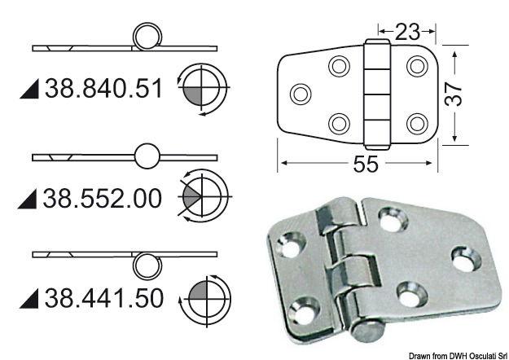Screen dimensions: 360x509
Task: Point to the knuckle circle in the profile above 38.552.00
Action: click(146, 156)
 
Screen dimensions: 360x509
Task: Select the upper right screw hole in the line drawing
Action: click(417, 65)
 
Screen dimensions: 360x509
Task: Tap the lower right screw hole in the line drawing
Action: click(417, 123)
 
